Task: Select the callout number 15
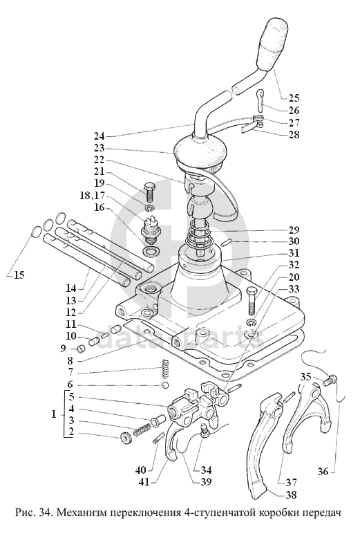point(19,275)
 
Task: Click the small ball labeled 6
point(165,386)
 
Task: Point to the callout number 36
point(323,472)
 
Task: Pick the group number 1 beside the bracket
point(54,414)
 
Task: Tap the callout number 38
point(291,495)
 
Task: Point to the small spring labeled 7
point(165,368)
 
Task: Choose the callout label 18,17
point(93,196)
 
